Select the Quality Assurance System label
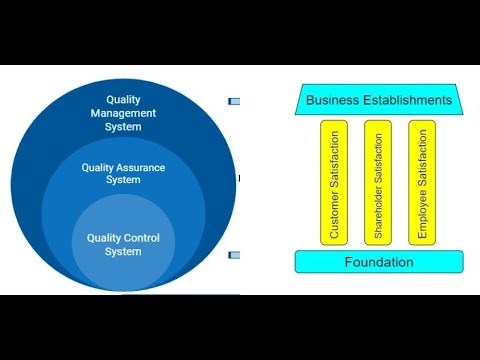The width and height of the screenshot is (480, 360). click(x=123, y=174)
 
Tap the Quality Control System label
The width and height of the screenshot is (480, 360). click(x=123, y=244)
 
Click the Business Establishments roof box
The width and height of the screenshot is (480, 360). click(x=378, y=100)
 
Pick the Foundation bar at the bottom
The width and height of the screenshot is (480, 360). click(x=378, y=262)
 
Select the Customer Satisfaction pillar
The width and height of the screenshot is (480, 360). click(x=335, y=183)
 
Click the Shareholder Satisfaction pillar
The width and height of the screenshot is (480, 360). click(x=378, y=183)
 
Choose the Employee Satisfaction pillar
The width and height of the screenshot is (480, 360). click(x=423, y=183)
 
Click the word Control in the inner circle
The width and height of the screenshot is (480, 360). click(x=143, y=238)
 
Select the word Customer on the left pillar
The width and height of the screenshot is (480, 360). click(x=335, y=216)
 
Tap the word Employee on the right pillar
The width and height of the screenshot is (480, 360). click(x=423, y=218)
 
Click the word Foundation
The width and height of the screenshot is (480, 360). click(x=378, y=262)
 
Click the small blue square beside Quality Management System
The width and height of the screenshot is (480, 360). click(x=234, y=101)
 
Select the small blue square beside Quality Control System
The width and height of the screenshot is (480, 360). click(x=234, y=255)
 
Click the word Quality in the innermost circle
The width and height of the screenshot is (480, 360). click(x=105, y=238)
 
